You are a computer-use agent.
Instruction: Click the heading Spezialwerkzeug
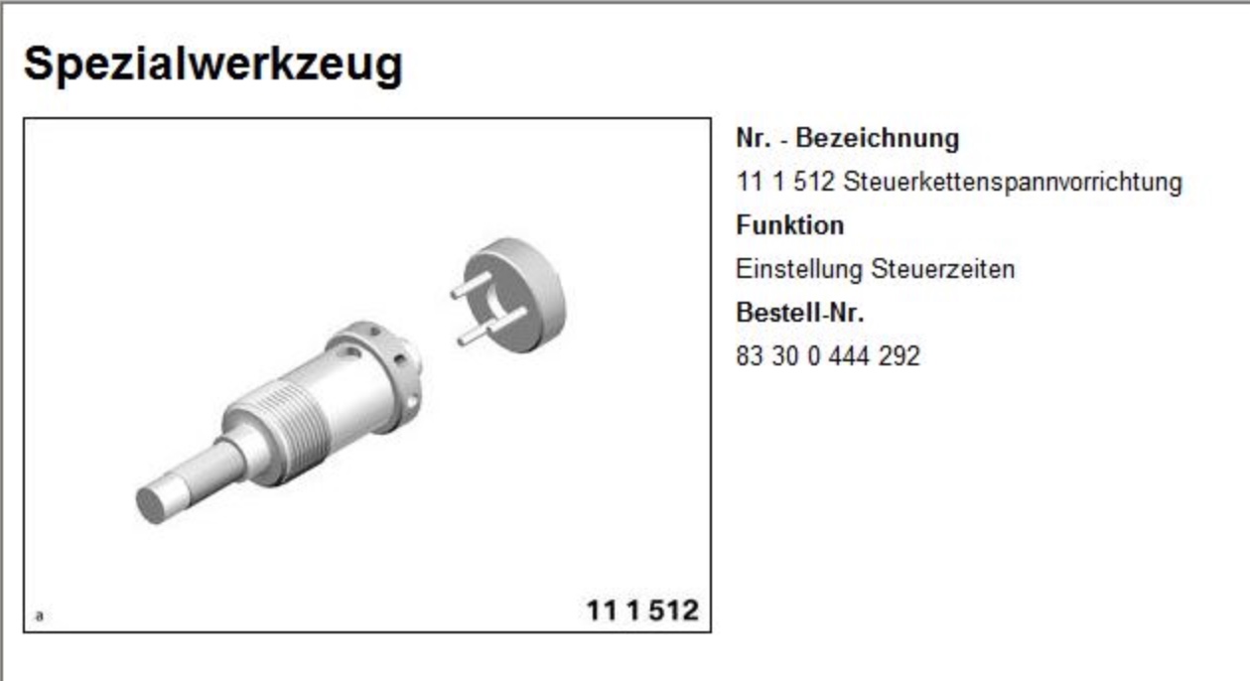213,66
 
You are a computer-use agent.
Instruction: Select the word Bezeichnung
878,138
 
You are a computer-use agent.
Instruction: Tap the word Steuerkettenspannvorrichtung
1013,182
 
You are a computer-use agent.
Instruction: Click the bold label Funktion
789,225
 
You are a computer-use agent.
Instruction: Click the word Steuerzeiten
943,269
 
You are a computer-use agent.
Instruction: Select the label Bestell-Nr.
799,313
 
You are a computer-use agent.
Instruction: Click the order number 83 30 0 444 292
828,356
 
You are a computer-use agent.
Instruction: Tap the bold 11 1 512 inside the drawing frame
642,611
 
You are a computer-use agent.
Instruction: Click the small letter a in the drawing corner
39,615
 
